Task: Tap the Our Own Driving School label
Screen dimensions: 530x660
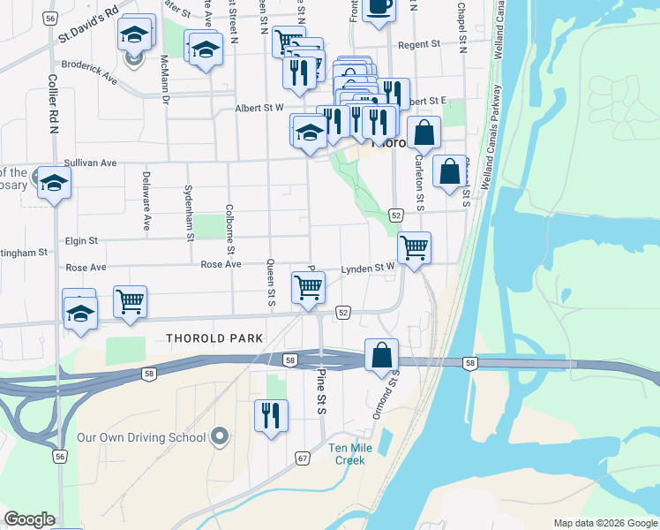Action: (141, 437)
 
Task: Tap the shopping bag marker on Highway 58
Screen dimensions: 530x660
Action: (381, 354)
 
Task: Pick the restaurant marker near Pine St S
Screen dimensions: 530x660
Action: (272, 415)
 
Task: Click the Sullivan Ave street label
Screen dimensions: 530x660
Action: (91, 163)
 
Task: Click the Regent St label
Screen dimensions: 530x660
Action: (418, 44)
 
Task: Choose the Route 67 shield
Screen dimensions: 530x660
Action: (303, 458)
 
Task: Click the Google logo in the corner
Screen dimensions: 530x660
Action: (29, 520)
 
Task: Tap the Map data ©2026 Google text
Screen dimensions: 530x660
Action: (604, 523)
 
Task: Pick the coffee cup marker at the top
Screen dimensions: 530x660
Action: (379, 6)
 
